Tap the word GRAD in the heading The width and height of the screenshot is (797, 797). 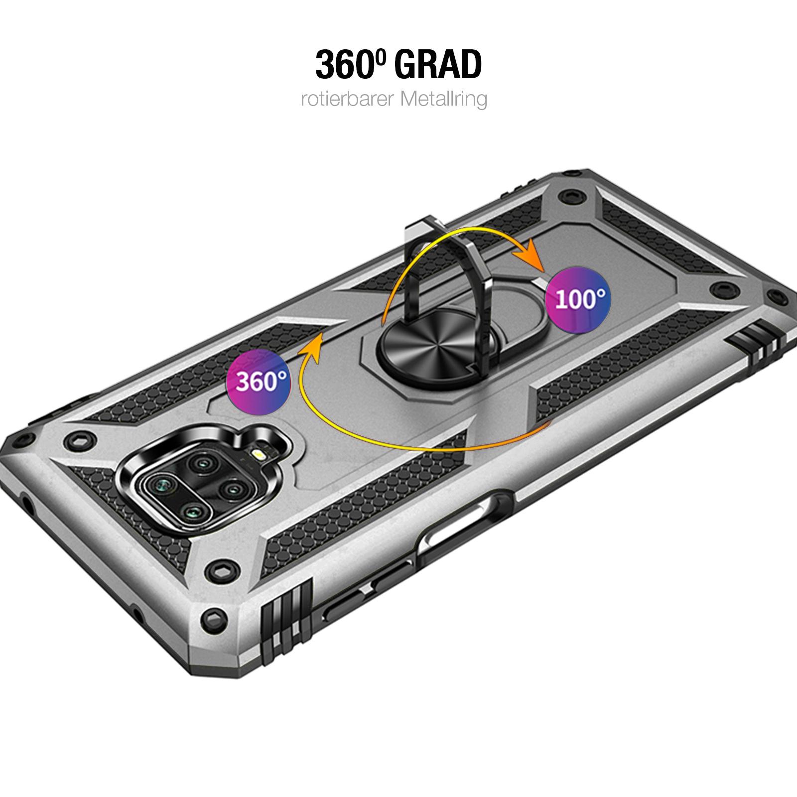click(x=438, y=65)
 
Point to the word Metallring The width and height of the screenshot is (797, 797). click(x=442, y=99)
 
